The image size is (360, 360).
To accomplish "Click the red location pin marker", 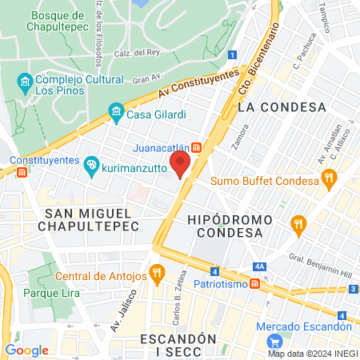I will [x=181, y=166].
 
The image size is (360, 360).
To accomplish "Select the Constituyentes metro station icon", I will [x=22, y=172].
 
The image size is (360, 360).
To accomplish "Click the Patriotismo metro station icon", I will [x=254, y=282].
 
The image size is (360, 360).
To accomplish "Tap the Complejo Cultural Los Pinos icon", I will [x=25, y=82].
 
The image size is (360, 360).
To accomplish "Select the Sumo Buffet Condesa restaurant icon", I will [x=329, y=180].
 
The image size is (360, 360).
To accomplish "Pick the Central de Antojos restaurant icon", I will [x=157, y=275].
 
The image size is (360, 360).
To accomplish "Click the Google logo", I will [x=26, y=350].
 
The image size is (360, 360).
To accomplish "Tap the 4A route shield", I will [x=259, y=267].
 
